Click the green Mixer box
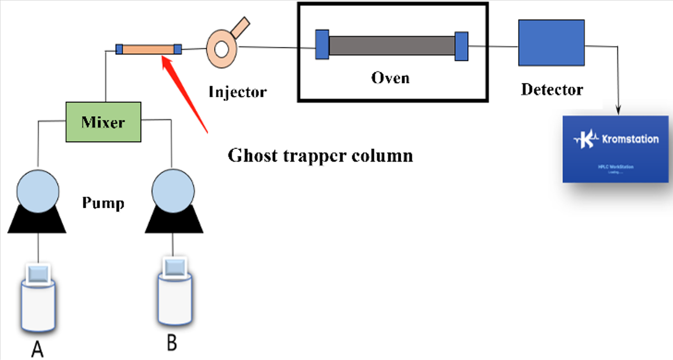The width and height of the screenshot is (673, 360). click(x=103, y=122)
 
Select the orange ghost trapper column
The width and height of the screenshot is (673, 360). click(x=148, y=49)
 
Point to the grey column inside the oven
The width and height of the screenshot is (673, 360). click(x=392, y=46)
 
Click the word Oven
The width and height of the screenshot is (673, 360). click(x=390, y=77)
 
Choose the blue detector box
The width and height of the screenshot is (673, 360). click(x=551, y=42)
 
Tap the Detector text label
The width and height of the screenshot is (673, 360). click(x=552, y=89)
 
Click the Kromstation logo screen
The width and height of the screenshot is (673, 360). click(x=615, y=148)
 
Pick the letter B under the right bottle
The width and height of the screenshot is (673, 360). click(x=172, y=343)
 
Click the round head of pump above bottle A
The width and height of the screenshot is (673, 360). click(x=38, y=191)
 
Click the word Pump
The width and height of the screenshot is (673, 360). click(x=103, y=203)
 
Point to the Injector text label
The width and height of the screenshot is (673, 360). click(x=238, y=91)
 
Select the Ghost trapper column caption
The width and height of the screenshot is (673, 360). click(x=320, y=156)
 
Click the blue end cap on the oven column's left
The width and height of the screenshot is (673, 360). click(x=322, y=45)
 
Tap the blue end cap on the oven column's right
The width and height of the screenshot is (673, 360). click(x=461, y=46)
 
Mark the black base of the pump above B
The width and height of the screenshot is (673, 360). click(x=174, y=222)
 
